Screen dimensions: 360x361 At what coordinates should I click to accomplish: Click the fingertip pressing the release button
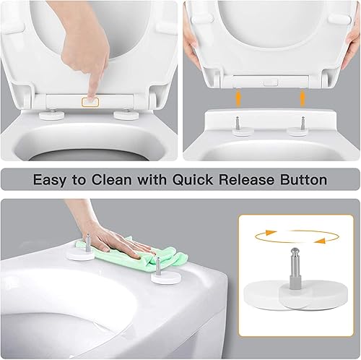tap(90, 93)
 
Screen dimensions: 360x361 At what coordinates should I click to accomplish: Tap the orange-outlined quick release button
tap(92, 101)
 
